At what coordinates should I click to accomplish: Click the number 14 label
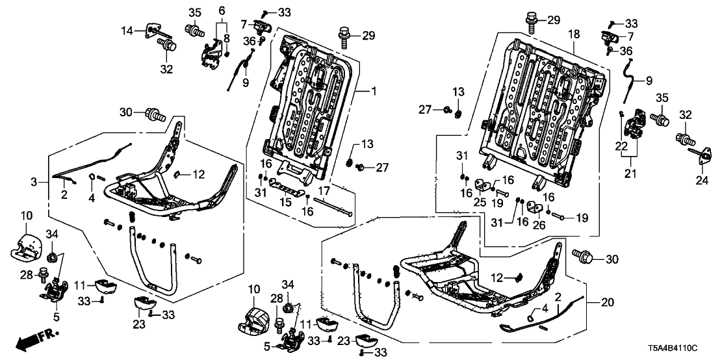(x=127, y=31)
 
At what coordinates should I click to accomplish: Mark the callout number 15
(x=282, y=203)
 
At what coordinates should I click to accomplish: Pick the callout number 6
(x=222, y=11)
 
